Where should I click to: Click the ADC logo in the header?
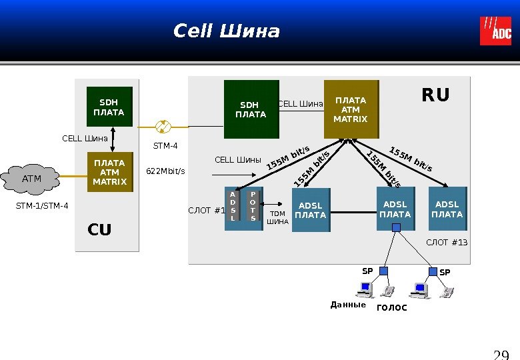point(495,31)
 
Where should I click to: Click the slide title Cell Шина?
point(227,31)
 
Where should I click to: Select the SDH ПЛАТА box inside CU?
point(109,107)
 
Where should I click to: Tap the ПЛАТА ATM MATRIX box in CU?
point(109,172)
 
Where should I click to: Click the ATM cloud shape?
point(32,179)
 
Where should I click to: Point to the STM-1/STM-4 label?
point(42,206)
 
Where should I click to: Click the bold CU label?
point(100,230)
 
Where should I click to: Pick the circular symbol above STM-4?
point(163,127)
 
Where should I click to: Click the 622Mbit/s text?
point(165,171)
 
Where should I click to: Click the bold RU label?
point(436,96)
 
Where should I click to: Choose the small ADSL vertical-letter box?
point(233,205)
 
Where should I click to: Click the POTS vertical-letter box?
point(253,205)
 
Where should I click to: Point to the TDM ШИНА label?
point(278,218)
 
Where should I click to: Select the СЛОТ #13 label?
point(447,242)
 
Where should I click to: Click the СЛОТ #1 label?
point(207,211)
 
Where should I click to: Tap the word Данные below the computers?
point(348,305)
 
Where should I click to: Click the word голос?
point(391,307)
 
